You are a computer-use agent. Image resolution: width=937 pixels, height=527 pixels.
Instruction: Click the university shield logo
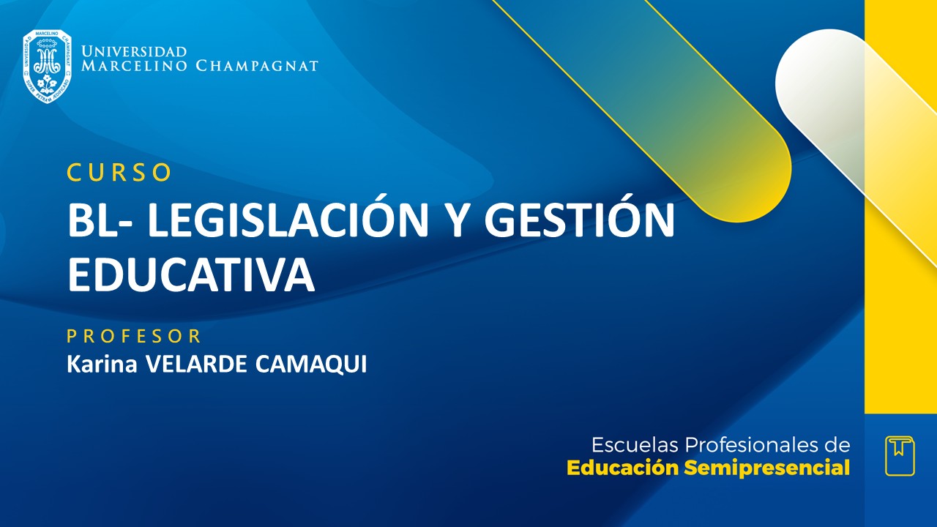47,66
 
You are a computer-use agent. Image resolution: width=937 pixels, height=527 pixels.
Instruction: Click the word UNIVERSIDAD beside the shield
134,52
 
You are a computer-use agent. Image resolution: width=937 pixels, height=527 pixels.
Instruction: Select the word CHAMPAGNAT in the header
257,67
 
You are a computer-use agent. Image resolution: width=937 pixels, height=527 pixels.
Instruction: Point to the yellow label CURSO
119,172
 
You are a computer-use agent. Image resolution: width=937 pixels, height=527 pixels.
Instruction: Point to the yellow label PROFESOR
134,337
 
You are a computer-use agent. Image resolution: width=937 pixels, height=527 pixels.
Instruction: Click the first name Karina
102,364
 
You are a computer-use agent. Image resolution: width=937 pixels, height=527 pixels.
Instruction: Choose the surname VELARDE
197,364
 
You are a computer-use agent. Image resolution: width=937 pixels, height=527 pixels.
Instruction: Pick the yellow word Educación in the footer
623,468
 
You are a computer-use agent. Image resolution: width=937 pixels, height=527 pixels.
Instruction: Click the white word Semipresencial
767,468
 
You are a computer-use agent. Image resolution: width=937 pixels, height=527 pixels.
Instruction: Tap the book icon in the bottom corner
900,455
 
